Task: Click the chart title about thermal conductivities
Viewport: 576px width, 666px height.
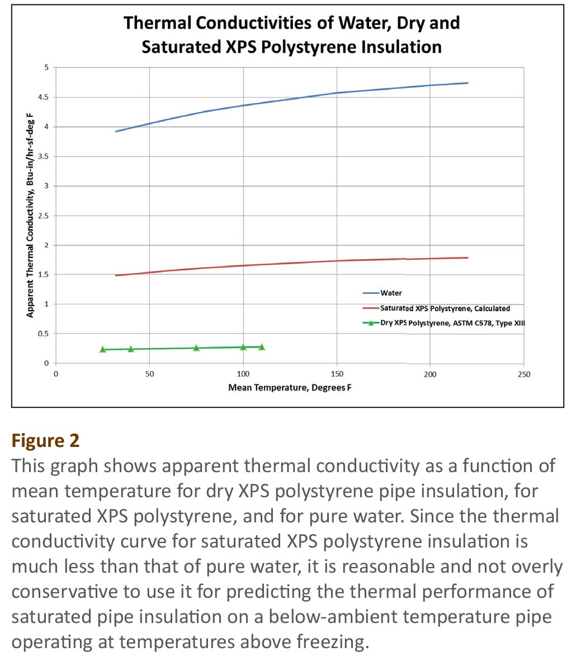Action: tap(291, 35)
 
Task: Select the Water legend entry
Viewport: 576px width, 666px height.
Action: tap(382, 293)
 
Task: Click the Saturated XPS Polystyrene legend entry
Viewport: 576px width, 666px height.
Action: tap(436, 308)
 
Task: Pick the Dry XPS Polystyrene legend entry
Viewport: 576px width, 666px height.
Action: tap(444, 323)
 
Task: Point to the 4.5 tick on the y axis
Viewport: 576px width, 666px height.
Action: tap(44, 97)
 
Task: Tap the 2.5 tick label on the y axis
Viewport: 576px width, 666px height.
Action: tap(44, 216)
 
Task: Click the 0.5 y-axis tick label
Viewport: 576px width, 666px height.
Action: tap(44, 334)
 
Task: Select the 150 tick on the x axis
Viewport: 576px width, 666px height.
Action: tap(337, 374)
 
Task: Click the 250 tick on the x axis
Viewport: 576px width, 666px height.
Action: tap(524, 374)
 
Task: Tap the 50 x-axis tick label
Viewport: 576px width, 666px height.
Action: tap(150, 374)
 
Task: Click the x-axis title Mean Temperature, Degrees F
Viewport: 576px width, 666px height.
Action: tap(290, 387)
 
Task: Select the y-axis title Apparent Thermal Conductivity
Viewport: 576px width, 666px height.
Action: tap(30, 215)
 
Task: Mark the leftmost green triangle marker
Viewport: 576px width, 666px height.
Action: tap(102, 349)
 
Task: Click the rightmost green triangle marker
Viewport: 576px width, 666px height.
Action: tap(262, 346)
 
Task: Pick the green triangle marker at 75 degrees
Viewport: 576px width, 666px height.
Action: tap(196, 348)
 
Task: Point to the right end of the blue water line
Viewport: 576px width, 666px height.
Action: tap(468, 83)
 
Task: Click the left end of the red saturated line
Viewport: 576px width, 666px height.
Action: tap(116, 275)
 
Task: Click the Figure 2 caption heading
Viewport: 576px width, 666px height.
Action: tap(45, 440)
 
